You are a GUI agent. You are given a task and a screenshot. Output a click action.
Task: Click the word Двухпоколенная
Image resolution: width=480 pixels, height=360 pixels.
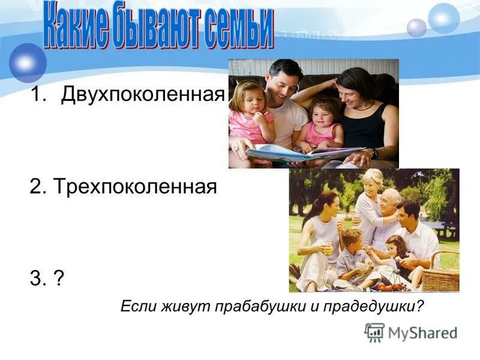click(142, 95)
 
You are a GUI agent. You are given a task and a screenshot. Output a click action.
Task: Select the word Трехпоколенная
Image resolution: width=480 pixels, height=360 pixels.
click(134, 187)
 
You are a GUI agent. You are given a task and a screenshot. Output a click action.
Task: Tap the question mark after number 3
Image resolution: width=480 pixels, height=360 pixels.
click(59, 280)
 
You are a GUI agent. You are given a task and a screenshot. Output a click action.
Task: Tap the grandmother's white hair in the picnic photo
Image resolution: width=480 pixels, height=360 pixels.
click(373, 176)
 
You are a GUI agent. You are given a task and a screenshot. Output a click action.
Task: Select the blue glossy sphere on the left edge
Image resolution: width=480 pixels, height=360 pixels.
click(28, 62)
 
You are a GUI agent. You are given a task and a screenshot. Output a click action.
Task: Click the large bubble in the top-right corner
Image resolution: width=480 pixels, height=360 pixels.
click(444, 18)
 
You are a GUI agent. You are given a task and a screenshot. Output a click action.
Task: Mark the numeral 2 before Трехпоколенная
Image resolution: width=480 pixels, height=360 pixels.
click(35, 187)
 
